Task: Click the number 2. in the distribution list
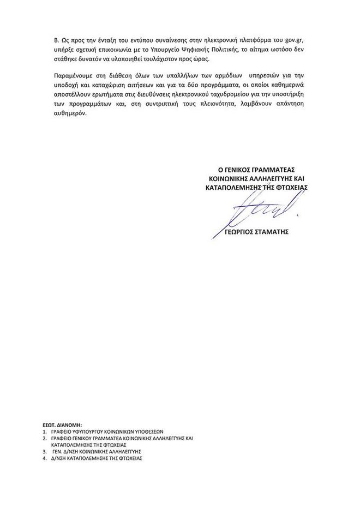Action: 44,438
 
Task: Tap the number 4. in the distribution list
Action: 44,459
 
